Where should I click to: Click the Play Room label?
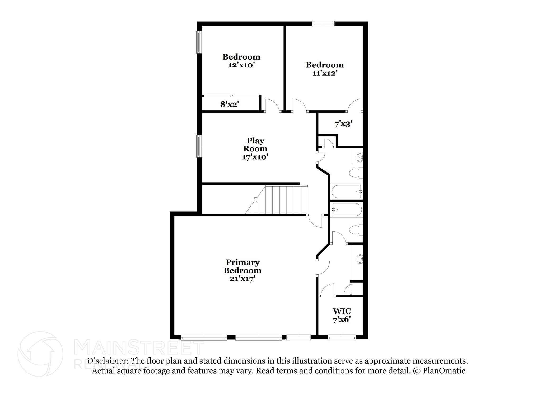(255, 144)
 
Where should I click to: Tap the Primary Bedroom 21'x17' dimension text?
(242, 279)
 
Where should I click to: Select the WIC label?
(342, 311)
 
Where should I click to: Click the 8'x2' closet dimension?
(230, 104)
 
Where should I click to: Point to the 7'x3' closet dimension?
(343, 124)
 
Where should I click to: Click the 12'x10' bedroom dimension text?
(241, 65)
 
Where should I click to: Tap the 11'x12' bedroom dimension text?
(325, 73)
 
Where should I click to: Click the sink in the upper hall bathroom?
(360, 157)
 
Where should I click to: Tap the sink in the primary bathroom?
(360, 259)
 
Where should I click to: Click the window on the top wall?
(323, 24)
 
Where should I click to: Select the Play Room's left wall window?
(199, 146)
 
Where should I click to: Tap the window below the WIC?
(342, 337)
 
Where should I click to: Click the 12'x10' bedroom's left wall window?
(199, 42)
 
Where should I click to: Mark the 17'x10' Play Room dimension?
(255, 157)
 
